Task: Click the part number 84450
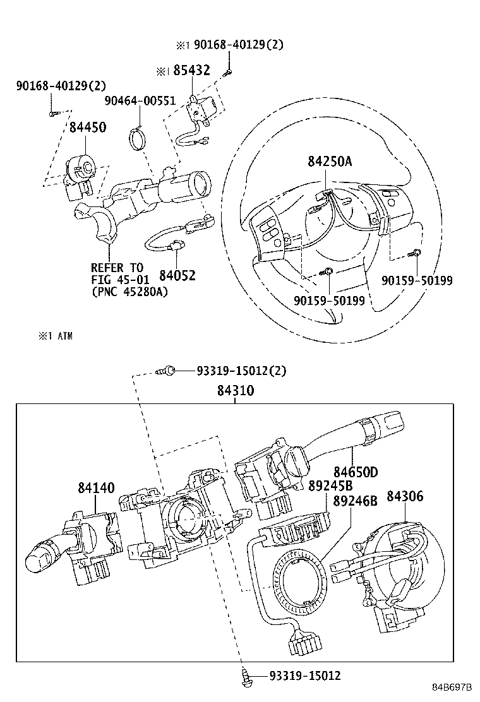click(88, 127)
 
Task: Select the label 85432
click(191, 70)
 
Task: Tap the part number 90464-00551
click(140, 101)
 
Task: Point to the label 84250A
click(330, 161)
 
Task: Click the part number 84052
click(177, 275)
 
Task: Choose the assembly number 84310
click(236, 390)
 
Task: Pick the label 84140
click(96, 487)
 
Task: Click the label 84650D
click(356, 472)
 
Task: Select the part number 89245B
click(330, 485)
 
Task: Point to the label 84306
click(405, 496)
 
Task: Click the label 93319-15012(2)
click(241, 371)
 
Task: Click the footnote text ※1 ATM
click(55, 336)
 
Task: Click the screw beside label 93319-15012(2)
click(165, 371)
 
